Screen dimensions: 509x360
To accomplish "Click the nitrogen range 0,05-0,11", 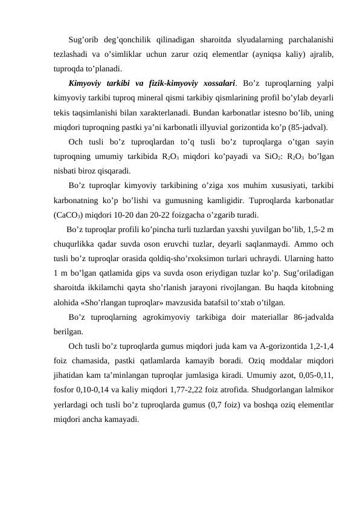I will coord(315,376).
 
